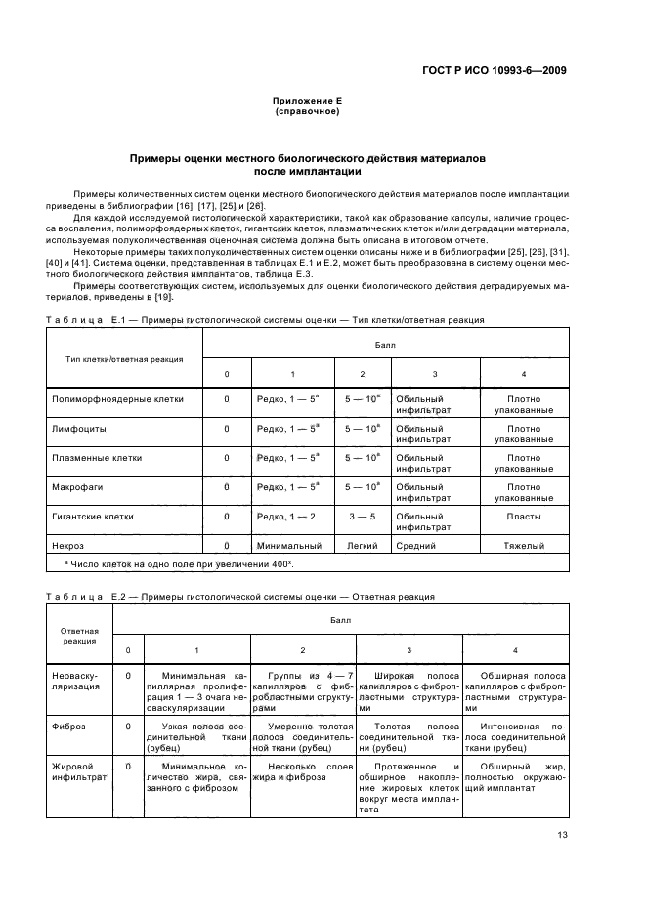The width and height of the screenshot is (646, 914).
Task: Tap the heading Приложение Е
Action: click(x=307, y=101)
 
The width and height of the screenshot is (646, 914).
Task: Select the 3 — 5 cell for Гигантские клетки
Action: click(x=363, y=516)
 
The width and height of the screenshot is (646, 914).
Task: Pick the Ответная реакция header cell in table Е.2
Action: click(x=79, y=636)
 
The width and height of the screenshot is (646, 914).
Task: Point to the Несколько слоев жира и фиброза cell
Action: click(x=303, y=771)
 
